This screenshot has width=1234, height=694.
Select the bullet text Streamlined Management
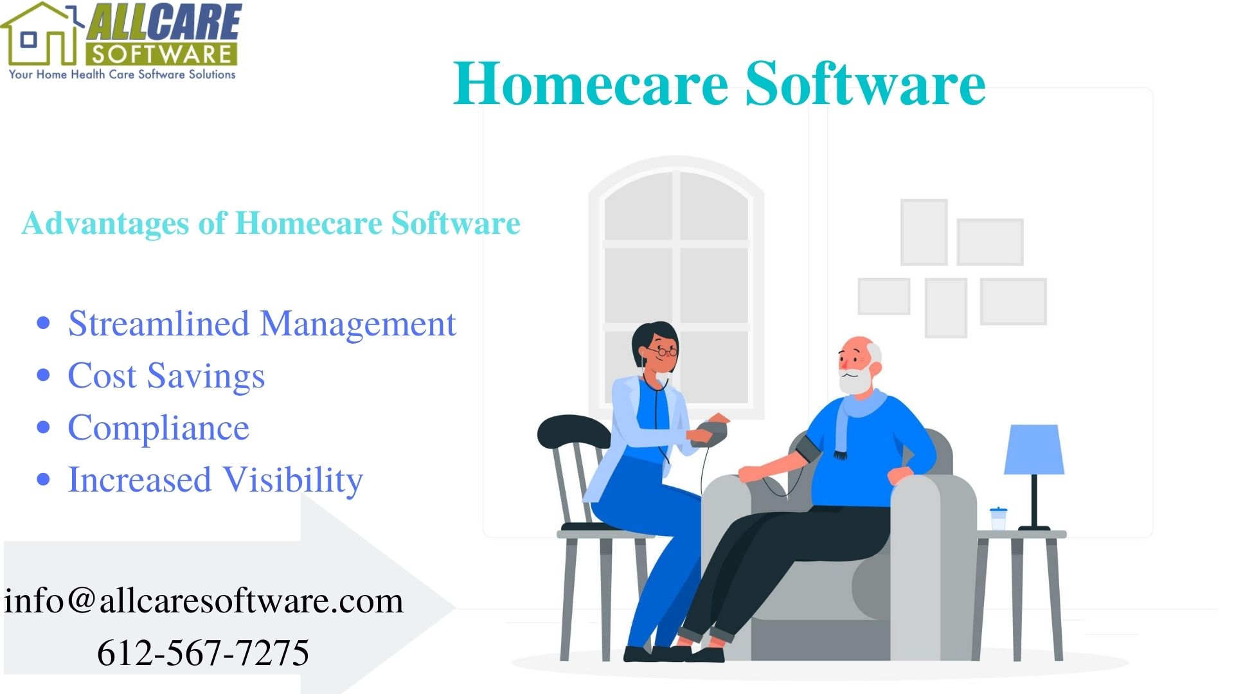click(x=262, y=324)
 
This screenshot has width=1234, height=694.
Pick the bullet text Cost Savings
click(x=166, y=376)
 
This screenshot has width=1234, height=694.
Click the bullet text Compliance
click(x=158, y=428)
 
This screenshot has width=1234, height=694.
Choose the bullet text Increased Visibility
click(x=215, y=480)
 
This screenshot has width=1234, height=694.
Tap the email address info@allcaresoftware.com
click(x=204, y=601)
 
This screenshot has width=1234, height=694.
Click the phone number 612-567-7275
click(x=203, y=653)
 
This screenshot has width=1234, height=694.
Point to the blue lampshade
click(x=1033, y=450)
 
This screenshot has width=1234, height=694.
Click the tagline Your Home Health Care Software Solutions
click(x=122, y=75)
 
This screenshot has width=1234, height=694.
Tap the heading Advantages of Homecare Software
click(x=271, y=224)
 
